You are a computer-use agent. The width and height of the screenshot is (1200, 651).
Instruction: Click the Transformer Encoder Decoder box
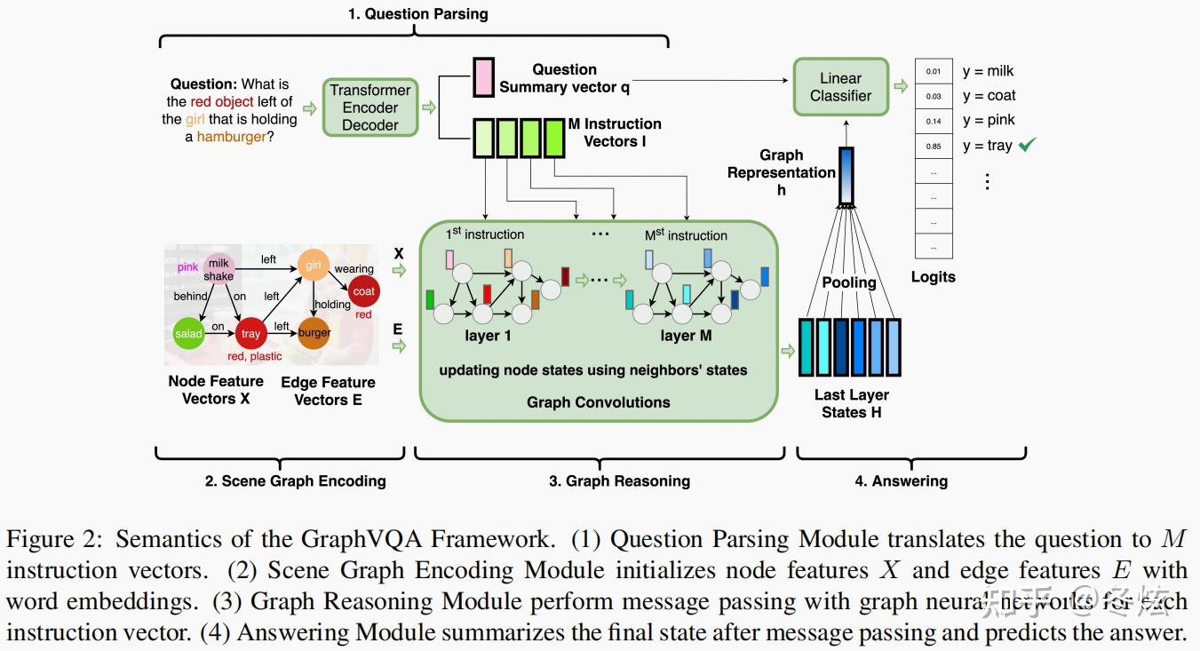coord(370,107)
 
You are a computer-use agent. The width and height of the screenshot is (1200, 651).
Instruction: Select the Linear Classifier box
coord(840,87)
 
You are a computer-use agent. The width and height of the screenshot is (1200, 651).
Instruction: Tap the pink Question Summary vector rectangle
coord(483,77)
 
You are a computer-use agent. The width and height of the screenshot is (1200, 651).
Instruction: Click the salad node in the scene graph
coord(188,334)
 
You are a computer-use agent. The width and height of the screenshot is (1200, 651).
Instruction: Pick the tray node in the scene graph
coord(251,334)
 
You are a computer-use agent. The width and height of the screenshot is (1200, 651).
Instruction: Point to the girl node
coord(314,265)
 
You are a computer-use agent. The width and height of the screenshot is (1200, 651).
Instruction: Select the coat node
coord(363,291)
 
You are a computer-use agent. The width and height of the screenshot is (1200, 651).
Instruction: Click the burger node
coord(314,333)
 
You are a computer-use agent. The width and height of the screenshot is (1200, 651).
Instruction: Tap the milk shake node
coord(219,269)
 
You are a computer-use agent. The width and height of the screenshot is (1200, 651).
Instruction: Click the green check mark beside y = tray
coord(1028,145)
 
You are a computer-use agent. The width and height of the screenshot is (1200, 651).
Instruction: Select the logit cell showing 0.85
coord(934,146)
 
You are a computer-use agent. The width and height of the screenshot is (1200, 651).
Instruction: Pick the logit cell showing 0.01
coord(934,71)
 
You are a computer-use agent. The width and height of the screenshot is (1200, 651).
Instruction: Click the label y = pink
coord(989,120)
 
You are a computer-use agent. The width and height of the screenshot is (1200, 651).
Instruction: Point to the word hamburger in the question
coord(231,137)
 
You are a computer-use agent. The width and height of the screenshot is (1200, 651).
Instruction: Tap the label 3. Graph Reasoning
coord(619,480)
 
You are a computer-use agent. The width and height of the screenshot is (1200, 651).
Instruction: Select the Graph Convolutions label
coord(598,401)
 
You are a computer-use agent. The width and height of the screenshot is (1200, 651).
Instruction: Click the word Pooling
coord(848,282)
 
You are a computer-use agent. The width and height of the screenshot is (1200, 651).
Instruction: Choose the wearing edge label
coord(354,268)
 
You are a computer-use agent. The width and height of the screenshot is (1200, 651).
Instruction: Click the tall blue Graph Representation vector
coord(846,175)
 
